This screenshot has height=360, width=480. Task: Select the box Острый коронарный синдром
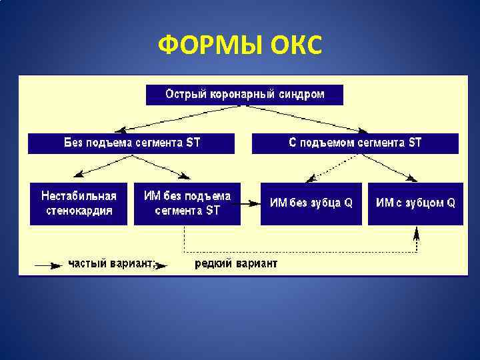[245, 95]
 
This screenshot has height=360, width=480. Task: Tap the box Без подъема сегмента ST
[131, 143]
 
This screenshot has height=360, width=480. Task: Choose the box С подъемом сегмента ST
[355, 143]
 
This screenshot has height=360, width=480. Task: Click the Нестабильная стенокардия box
[79, 203]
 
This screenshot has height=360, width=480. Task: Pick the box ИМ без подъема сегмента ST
[187, 203]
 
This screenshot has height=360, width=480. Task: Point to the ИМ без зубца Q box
[311, 203]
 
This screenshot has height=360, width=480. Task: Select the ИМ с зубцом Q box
[415, 203]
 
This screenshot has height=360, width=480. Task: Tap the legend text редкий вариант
[236, 264]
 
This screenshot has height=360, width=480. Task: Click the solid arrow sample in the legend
[49, 265]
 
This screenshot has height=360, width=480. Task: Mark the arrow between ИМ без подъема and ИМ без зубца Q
[249, 203]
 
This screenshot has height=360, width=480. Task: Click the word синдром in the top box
[304, 95]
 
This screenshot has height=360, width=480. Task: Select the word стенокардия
[79, 211]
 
